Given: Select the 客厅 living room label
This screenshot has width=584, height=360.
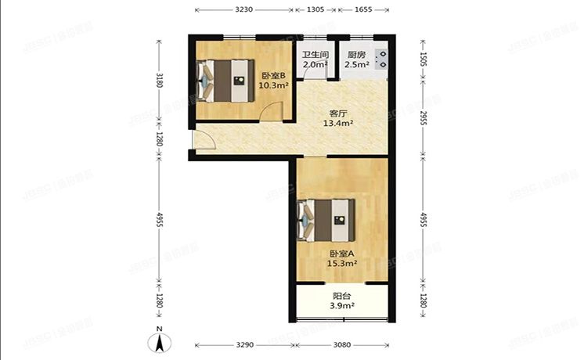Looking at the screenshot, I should tap(339, 113).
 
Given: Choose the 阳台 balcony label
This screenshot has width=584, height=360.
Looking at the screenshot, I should tap(341, 297).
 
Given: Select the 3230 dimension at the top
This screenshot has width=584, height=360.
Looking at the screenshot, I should tap(243, 9).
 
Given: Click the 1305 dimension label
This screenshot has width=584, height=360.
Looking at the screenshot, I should tap(315, 9).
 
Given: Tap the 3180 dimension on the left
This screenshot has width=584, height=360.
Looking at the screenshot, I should tap(160, 79).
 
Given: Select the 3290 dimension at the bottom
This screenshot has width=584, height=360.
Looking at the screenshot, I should tap(246, 344).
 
